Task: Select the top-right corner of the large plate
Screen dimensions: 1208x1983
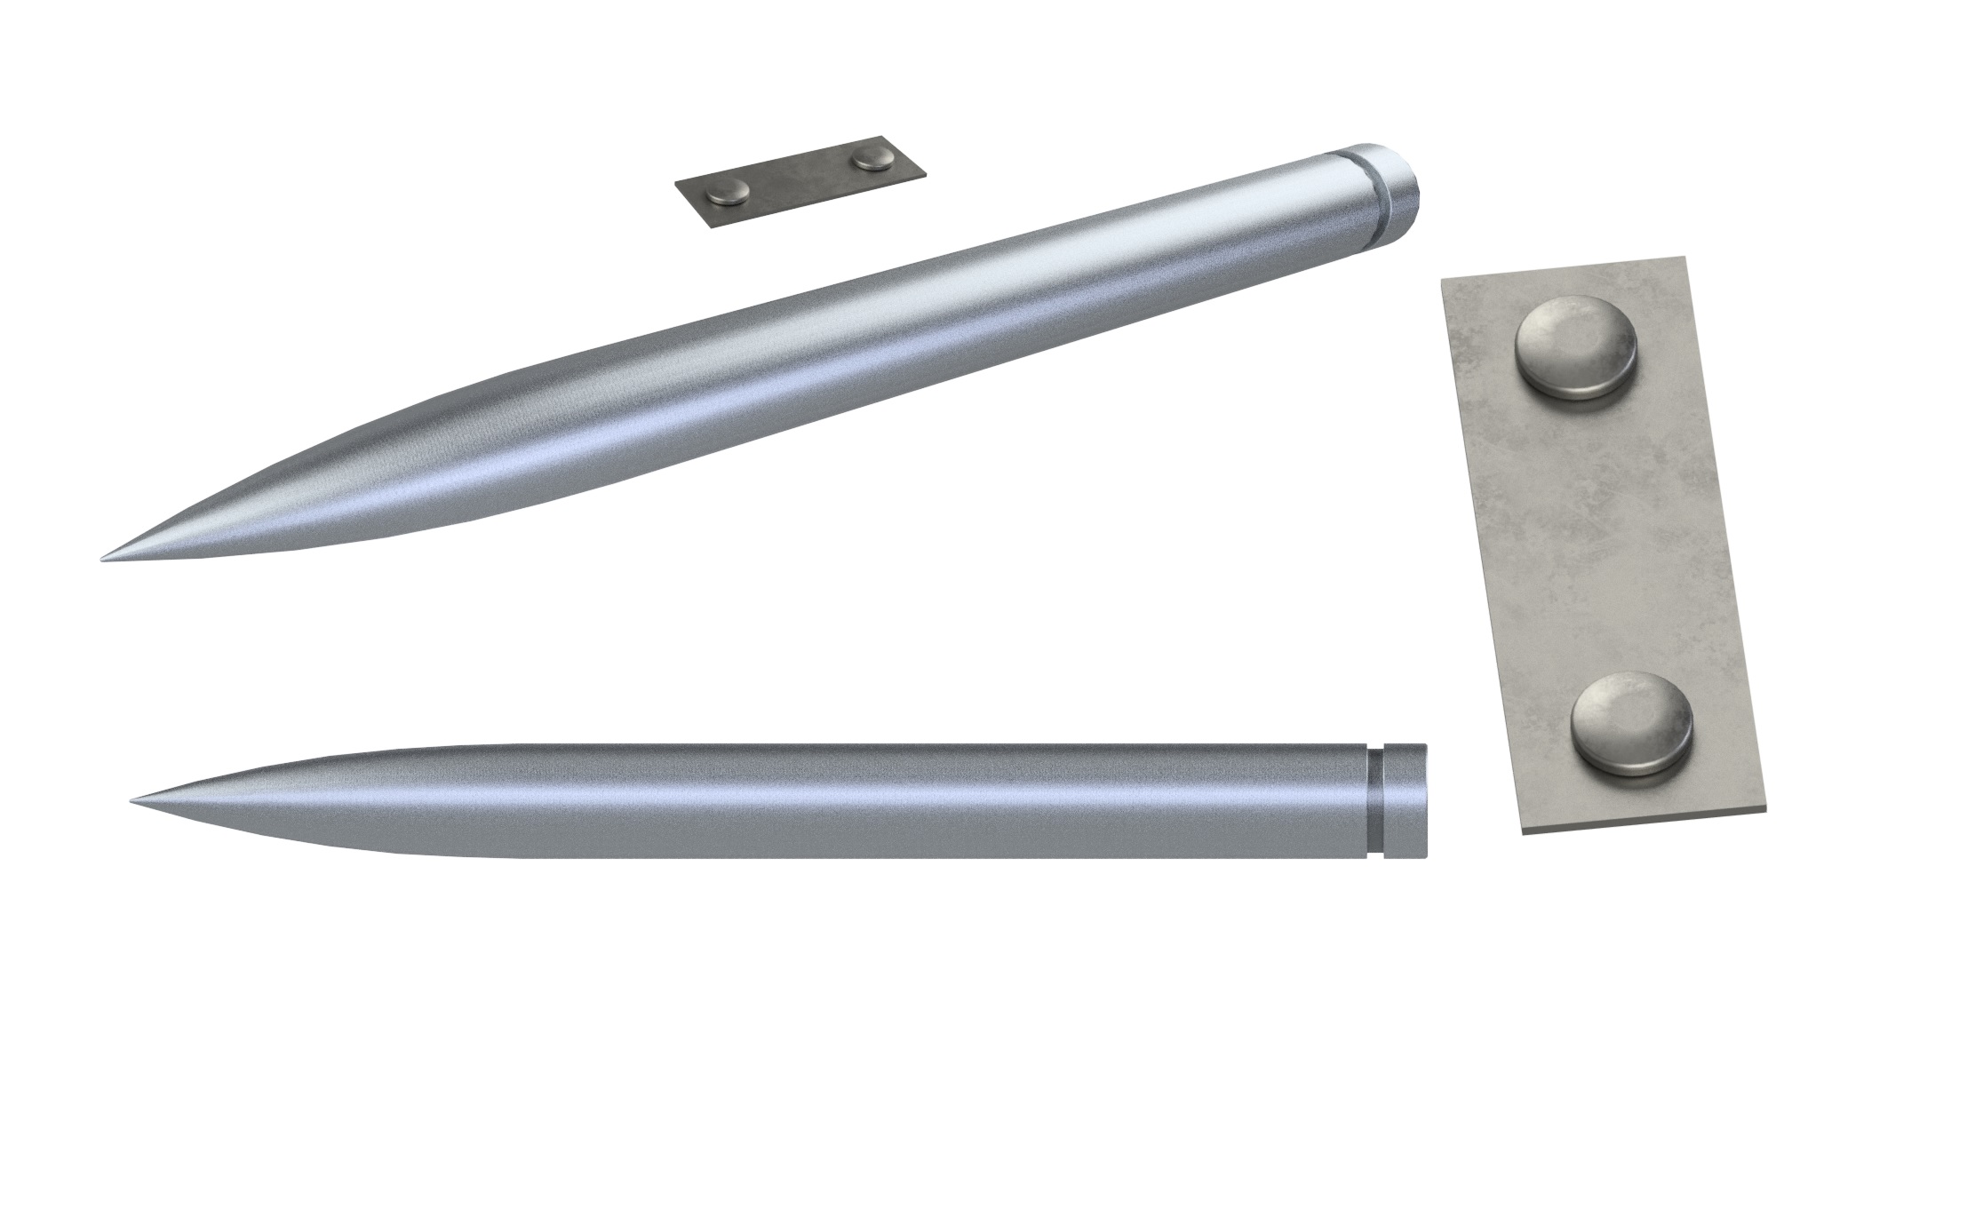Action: pos(1686,258)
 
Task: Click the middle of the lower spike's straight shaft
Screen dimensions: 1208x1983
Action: pos(888,801)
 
